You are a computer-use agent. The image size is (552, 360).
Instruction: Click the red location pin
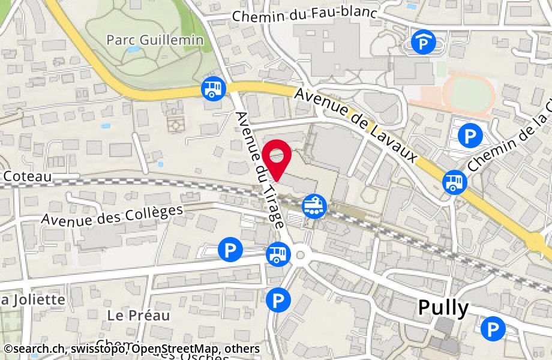[278, 157]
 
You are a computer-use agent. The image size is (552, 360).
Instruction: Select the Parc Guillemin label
[155, 40]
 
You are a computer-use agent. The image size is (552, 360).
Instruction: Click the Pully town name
[443, 308]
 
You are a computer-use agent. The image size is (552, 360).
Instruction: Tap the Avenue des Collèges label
[112, 215]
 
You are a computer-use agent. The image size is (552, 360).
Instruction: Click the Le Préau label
[139, 315]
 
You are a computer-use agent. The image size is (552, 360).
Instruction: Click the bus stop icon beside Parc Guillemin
[213, 88]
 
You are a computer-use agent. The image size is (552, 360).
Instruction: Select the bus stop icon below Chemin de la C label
[455, 182]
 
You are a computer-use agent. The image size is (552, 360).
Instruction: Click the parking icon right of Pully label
[493, 328]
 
